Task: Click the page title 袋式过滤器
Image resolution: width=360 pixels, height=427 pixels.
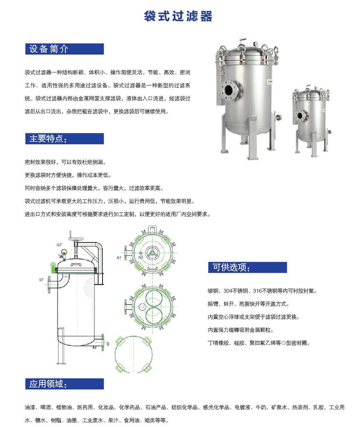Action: pyautogui.click(x=178, y=16)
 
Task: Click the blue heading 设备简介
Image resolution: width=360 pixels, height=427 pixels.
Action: pyautogui.click(x=49, y=49)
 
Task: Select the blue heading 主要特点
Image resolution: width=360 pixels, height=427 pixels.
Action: pyautogui.click(x=48, y=139)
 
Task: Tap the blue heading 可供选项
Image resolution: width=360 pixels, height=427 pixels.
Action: pyautogui.click(x=231, y=267)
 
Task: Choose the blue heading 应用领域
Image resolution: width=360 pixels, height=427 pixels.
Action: pyautogui.click(x=48, y=384)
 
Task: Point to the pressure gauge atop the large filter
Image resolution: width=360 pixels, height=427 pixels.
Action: pyautogui.click(x=256, y=44)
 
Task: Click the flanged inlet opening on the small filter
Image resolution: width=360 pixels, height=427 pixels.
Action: pyautogui.click(x=301, y=116)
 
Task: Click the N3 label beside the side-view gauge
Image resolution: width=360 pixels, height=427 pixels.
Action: pyautogui.click(x=59, y=245)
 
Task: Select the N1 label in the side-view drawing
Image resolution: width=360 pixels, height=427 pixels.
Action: pyautogui.click(x=41, y=280)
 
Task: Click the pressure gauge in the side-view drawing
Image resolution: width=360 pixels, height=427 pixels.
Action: pyautogui.click(x=64, y=252)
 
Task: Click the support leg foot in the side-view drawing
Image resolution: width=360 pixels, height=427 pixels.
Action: pyautogui.click(x=61, y=363)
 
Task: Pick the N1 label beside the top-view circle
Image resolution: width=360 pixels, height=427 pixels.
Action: pyautogui.click(x=119, y=258)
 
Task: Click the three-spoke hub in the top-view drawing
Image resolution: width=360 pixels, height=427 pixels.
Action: pyautogui.click(x=152, y=252)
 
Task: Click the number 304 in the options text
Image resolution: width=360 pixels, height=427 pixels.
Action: pyautogui.click(x=228, y=291)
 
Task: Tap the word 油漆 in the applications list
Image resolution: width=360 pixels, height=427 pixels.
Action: pyautogui.click(x=30, y=407)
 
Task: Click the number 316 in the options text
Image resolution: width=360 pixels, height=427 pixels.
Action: pyautogui.click(x=257, y=291)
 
